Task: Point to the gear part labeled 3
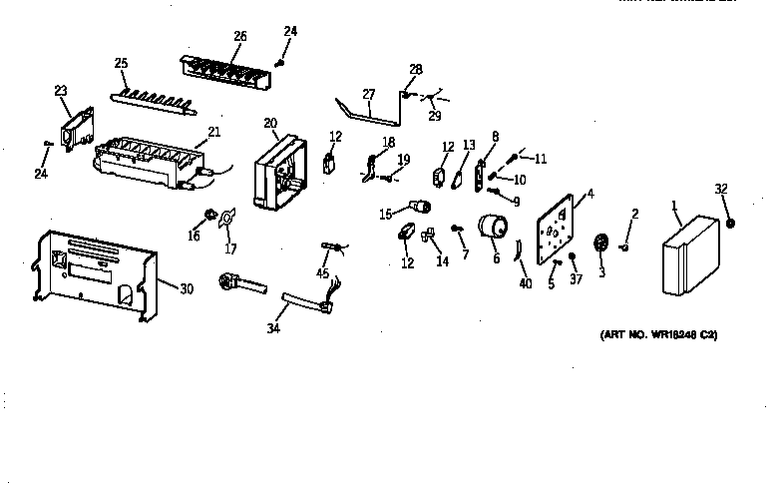pos(600,244)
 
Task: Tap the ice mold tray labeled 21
pos(150,160)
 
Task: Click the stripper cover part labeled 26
pos(227,71)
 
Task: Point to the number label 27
pos(368,94)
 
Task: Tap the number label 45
pos(322,272)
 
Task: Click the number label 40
pos(526,284)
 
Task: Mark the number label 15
pos(385,214)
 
